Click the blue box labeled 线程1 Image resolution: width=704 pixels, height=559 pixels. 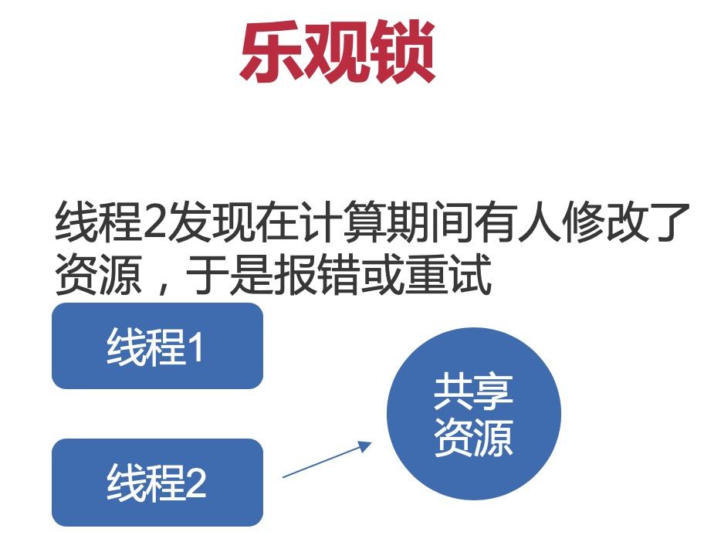click(x=157, y=346)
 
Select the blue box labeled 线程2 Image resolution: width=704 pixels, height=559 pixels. click(x=157, y=483)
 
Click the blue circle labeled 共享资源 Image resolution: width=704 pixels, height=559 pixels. click(x=474, y=414)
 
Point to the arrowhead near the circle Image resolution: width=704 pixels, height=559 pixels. click(x=364, y=446)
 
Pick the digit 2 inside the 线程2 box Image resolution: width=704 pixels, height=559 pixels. click(x=195, y=483)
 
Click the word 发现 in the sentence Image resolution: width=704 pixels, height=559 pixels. click(x=210, y=222)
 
